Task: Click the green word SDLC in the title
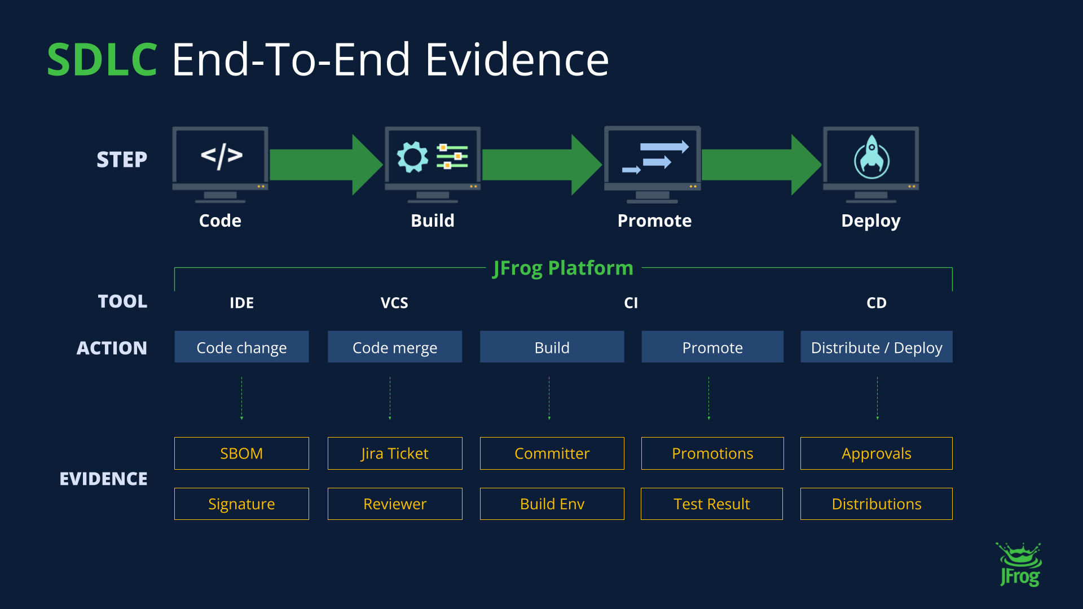pyautogui.click(x=102, y=60)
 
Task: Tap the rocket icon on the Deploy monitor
pyautogui.click(x=871, y=157)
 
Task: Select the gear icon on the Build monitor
pyautogui.click(x=412, y=157)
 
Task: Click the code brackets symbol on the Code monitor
pyautogui.click(x=221, y=156)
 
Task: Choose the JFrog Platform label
pyautogui.click(x=563, y=268)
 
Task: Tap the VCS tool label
pyautogui.click(x=394, y=303)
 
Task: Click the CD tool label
pyautogui.click(x=876, y=303)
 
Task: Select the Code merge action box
pyautogui.click(x=394, y=347)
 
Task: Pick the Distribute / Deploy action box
pyautogui.click(x=876, y=347)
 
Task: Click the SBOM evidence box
pyautogui.click(x=241, y=453)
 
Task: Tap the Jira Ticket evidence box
pyautogui.click(x=394, y=453)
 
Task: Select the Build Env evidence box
pyautogui.click(x=552, y=504)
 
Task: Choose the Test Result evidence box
pyautogui.click(x=711, y=504)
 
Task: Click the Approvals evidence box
pyautogui.click(x=876, y=453)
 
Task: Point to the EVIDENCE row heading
pyautogui.click(x=103, y=479)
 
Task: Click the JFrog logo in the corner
pyautogui.click(x=1020, y=565)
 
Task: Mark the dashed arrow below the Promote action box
pyautogui.click(x=709, y=399)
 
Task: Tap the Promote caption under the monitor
pyautogui.click(x=654, y=220)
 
